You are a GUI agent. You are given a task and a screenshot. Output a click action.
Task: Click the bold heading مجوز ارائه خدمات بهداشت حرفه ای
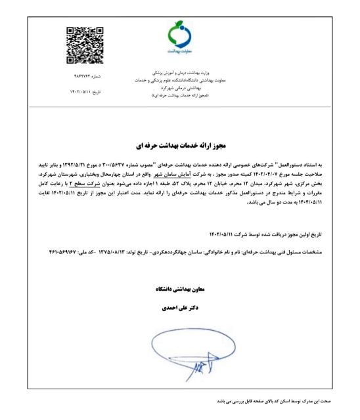[180, 142]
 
